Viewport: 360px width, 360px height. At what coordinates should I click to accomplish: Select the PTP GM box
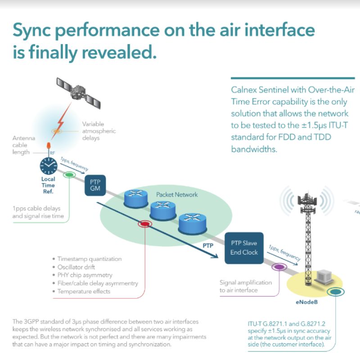pos(95,184)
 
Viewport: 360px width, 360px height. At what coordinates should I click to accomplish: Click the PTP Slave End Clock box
pos(244,248)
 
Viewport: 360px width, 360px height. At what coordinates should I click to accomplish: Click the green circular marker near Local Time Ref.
pos(69,175)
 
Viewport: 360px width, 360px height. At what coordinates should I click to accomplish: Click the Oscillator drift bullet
pos(76,267)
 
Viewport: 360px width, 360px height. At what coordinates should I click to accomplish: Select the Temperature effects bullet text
pos(84,291)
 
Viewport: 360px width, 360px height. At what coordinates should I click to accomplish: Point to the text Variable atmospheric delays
pos(99,131)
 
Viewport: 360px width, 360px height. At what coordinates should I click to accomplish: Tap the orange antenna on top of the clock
pos(48,147)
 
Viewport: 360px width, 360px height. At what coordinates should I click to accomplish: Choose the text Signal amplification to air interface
pos(245,286)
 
